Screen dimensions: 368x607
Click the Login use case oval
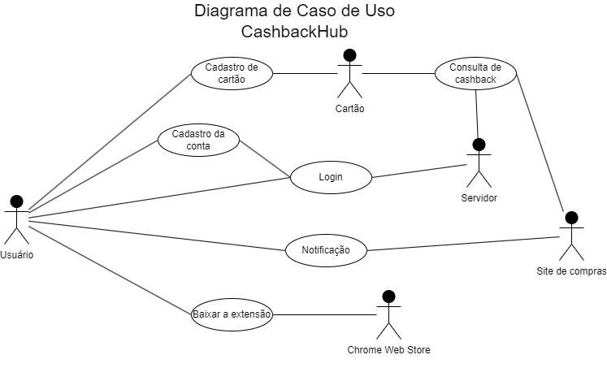coord(331,177)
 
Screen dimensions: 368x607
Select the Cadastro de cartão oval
coord(232,74)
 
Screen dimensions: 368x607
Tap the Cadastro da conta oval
coord(198,140)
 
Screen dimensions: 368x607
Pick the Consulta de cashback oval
coord(475,74)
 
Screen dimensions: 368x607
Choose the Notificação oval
coord(326,250)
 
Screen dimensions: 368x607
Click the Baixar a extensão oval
coord(232,314)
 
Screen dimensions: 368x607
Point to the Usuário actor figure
coord(16,219)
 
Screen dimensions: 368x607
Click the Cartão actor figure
coord(349,75)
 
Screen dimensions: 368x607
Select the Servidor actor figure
coord(478,164)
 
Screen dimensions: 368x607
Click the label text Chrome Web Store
coord(388,350)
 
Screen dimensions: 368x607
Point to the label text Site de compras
coord(571,271)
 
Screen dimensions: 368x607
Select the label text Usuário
coord(17,254)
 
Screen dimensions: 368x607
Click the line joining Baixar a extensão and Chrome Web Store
coord(323,314)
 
